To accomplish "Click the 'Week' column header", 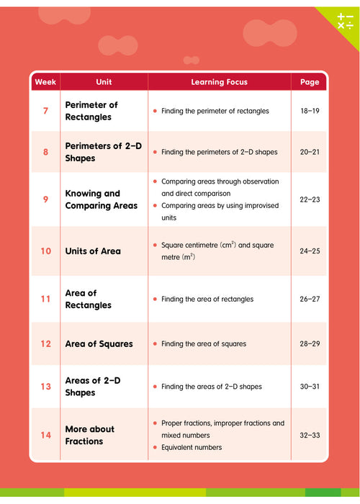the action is pos(45,82).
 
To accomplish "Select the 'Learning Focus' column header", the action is pos(219,82).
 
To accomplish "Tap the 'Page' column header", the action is pos(310,82).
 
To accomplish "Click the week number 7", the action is pos(45,111).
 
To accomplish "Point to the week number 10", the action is pos(45,251).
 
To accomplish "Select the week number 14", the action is pos(45,435).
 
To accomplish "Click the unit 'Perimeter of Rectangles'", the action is pos(91,111).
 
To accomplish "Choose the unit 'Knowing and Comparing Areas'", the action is pos(101,199).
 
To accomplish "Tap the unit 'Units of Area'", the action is pos(93,251).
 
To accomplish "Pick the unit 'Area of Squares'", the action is pos(99,343).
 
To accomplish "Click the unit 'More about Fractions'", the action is pos(89,435).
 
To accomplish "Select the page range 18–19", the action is pos(310,111).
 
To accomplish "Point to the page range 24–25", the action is pos(310,251).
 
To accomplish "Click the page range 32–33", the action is pos(310,435).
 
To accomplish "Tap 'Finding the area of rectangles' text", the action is pos(207,299).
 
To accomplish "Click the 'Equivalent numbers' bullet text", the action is pos(192,447).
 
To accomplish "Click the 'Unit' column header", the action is pos(104,82).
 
